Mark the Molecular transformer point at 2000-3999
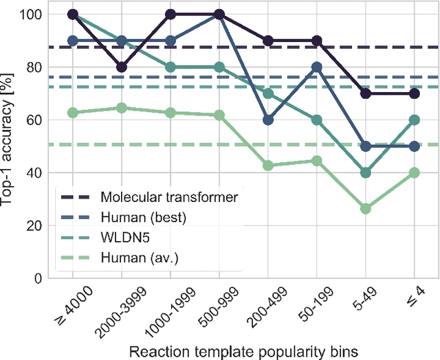[x=122, y=67]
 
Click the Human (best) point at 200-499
[x=268, y=120]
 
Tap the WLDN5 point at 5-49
[x=366, y=172]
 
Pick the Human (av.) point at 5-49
[x=366, y=209]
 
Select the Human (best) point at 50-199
[x=317, y=67]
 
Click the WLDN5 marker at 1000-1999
[x=170, y=67]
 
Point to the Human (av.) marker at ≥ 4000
[x=73, y=113]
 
